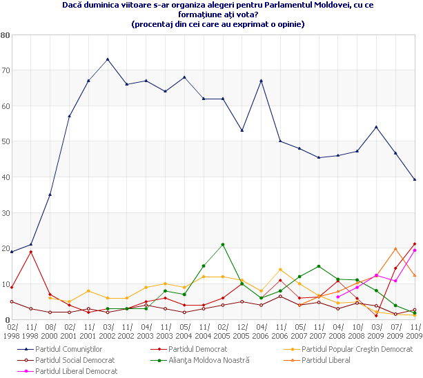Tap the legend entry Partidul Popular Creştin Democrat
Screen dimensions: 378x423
pyautogui.click(x=357, y=349)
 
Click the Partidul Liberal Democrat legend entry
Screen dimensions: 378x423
pyautogui.click(x=76, y=371)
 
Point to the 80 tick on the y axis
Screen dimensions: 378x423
pyautogui.click(x=5, y=34)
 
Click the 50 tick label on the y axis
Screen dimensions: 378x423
pyautogui.click(x=5, y=141)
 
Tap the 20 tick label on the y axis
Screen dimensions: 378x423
pyautogui.click(x=5, y=248)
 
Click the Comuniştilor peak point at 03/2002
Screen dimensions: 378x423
pyautogui.click(x=108, y=59)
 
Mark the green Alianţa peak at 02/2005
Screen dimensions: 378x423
pyautogui.click(x=223, y=244)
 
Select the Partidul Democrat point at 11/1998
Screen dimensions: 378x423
pyautogui.click(x=31, y=252)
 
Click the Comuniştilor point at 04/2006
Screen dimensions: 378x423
pyautogui.click(x=262, y=81)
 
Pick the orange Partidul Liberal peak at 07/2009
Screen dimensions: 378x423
pyautogui.click(x=395, y=248)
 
